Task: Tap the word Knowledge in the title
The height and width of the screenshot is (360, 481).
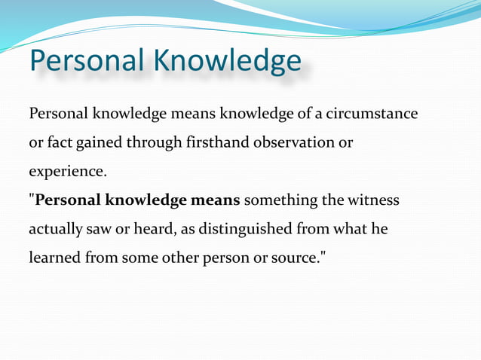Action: [228, 61]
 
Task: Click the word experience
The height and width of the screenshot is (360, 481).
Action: [67, 172]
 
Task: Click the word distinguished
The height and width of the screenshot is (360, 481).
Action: [257, 229]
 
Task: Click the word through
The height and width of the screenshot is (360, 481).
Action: [158, 142]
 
